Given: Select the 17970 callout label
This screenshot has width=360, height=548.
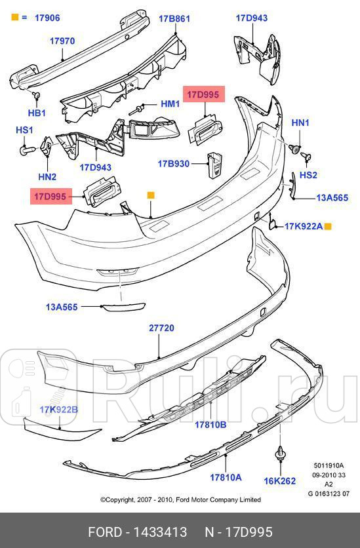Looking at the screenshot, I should (x=62, y=41).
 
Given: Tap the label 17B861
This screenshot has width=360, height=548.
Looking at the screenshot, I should (x=174, y=19).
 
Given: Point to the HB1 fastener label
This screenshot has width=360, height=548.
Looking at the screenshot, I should (x=37, y=113).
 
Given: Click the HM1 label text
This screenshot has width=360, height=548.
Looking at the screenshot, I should (x=170, y=104).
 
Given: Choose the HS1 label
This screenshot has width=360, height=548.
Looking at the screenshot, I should (x=24, y=130).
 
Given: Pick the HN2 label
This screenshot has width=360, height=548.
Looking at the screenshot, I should (x=47, y=176).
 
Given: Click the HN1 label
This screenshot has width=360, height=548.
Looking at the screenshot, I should (x=300, y=123).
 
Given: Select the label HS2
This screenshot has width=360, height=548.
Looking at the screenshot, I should (x=308, y=175).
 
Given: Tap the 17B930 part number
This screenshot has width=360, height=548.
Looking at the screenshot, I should (x=174, y=164).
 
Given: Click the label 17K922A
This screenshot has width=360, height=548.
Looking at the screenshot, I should (x=303, y=226).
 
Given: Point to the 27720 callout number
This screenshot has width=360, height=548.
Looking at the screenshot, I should (x=161, y=328).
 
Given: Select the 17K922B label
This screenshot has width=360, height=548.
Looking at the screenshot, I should (x=58, y=410).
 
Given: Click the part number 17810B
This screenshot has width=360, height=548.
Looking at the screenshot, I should (x=210, y=424).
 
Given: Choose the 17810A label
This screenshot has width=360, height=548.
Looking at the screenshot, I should (x=226, y=477).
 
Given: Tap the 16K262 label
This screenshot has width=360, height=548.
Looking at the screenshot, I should (x=280, y=481).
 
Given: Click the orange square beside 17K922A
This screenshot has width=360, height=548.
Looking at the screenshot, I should (x=329, y=226).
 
